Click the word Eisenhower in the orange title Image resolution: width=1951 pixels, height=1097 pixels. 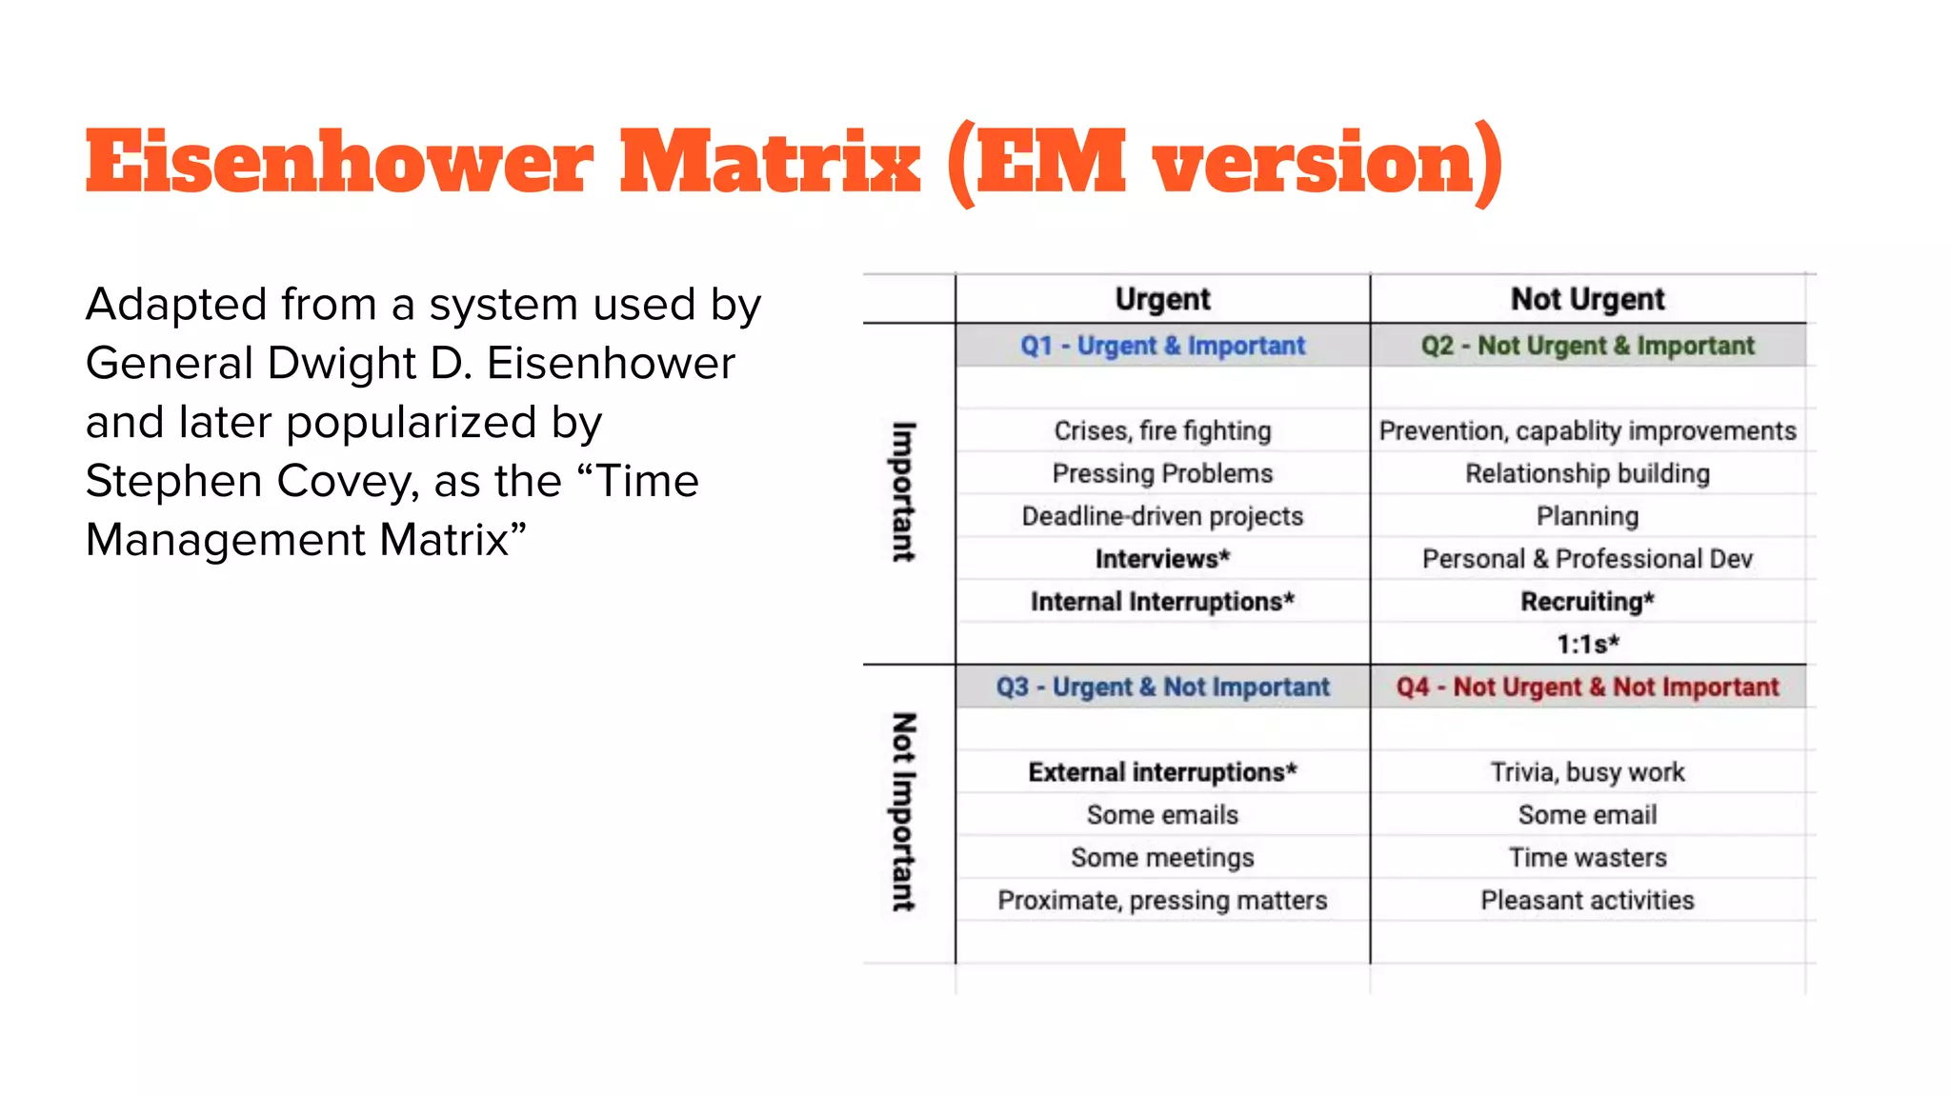339,163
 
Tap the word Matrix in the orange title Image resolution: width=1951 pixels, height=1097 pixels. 770,163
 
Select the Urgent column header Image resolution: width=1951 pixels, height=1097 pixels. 1162,299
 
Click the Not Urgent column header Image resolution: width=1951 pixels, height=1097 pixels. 1587,299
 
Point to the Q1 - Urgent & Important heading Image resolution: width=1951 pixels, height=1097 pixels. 1162,346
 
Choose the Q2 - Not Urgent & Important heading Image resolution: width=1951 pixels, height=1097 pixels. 1587,346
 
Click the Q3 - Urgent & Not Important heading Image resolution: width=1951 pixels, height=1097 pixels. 1162,687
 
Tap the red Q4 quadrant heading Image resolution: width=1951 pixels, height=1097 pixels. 1587,687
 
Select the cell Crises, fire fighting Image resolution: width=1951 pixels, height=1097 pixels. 1162,430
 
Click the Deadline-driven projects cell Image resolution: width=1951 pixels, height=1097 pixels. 1162,516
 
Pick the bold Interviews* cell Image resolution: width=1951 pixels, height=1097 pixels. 1162,559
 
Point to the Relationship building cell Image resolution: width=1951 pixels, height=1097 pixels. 1587,473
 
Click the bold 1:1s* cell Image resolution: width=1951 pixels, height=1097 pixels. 1587,645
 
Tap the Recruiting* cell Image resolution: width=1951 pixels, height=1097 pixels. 1587,602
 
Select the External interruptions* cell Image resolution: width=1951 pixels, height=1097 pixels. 1162,772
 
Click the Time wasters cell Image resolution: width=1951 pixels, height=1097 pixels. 1587,858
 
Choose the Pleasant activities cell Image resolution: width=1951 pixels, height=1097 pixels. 1587,901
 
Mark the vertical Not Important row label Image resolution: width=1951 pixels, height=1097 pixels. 903,812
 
